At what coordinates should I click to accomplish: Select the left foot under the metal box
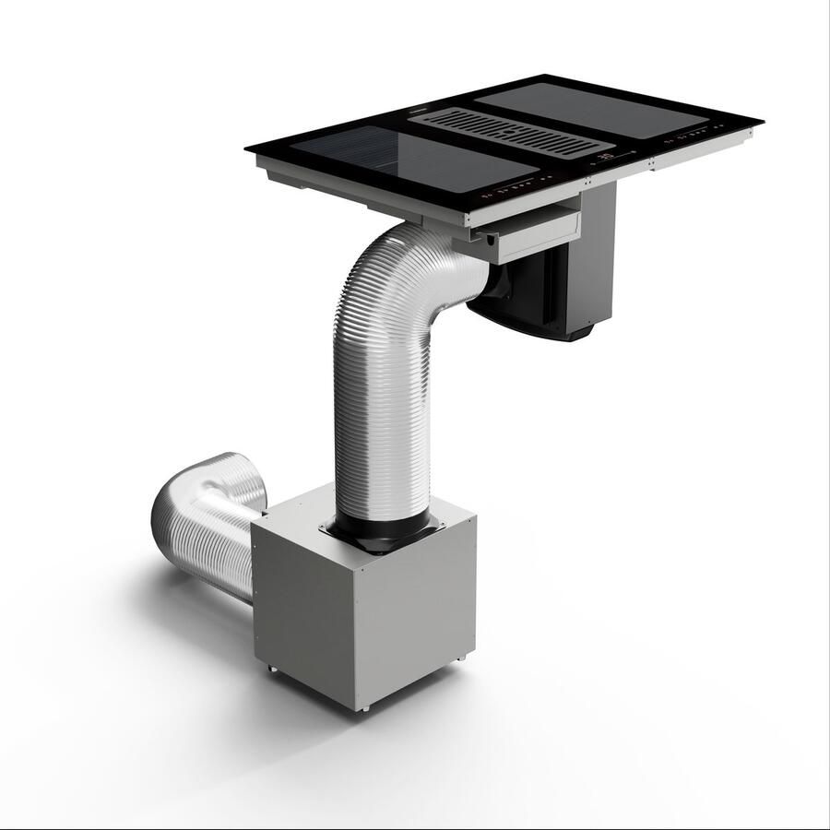point(270,666)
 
